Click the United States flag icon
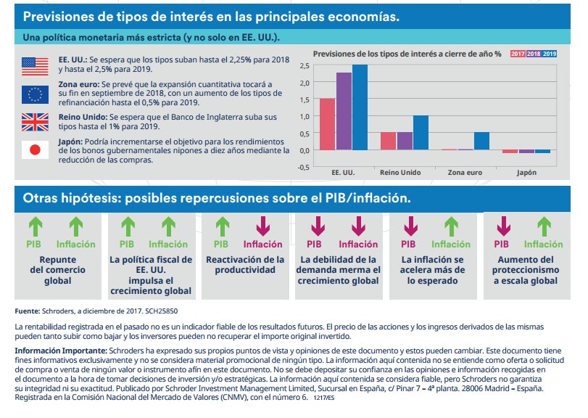[34, 66]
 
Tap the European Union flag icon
[34, 94]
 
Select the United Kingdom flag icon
[34, 121]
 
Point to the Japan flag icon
[34, 149]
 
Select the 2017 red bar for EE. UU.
[327, 124]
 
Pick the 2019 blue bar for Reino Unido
[421, 132]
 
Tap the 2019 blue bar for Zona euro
[481, 141]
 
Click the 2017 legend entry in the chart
[518, 54]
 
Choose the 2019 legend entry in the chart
[550, 54]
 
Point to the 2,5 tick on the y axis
[305, 65]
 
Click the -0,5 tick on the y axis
[303, 166]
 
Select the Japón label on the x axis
[526, 173]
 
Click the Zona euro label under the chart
[465, 173]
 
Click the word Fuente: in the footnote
[27, 311]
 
